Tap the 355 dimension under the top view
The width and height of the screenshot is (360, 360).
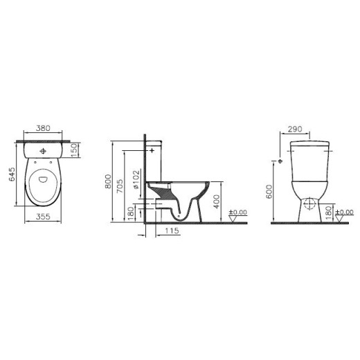click(44, 216)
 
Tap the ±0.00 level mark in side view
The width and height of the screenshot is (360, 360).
click(239, 213)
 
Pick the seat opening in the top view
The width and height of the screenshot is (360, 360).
click(44, 182)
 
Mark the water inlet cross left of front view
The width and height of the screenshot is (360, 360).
click(280, 161)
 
